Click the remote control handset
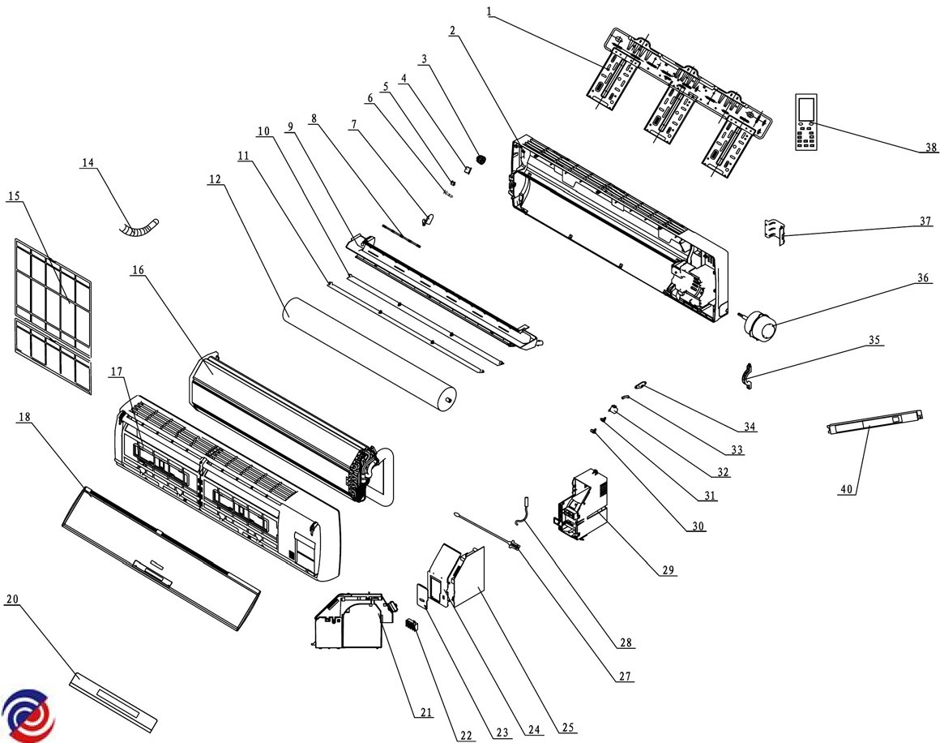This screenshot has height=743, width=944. [807, 122]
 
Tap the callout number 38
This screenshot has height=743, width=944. [931, 147]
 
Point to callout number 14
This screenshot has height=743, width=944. [88, 162]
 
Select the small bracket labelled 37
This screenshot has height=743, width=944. [775, 230]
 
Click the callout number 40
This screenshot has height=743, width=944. [847, 489]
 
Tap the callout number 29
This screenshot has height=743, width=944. [668, 570]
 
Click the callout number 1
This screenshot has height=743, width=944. [489, 11]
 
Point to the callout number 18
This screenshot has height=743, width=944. [23, 416]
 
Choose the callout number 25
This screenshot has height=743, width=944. [569, 728]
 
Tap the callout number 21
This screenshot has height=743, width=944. [426, 713]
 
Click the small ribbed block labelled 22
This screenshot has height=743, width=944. [412, 625]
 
